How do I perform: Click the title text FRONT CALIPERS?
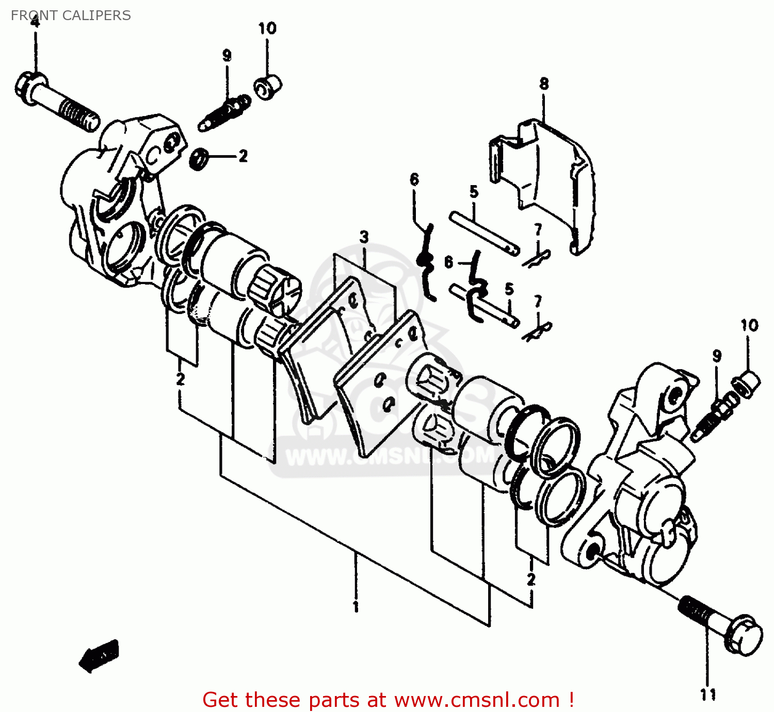[x=71, y=15]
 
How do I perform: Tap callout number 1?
[x=356, y=606]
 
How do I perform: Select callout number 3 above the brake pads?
[x=364, y=237]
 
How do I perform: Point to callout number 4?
[x=35, y=22]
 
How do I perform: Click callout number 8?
[x=544, y=84]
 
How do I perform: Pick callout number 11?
[x=708, y=694]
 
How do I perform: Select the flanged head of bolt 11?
[x=743, y=634]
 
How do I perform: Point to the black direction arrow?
[x=99, y=655]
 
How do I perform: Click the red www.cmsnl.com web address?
[x=477, y=700]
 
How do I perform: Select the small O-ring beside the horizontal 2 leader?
[x=199, y=158]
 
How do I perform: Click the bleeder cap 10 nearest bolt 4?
[x=268, y=87]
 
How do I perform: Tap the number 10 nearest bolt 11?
[x=749, y=325]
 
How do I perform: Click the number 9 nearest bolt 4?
[x=227, y=55]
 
